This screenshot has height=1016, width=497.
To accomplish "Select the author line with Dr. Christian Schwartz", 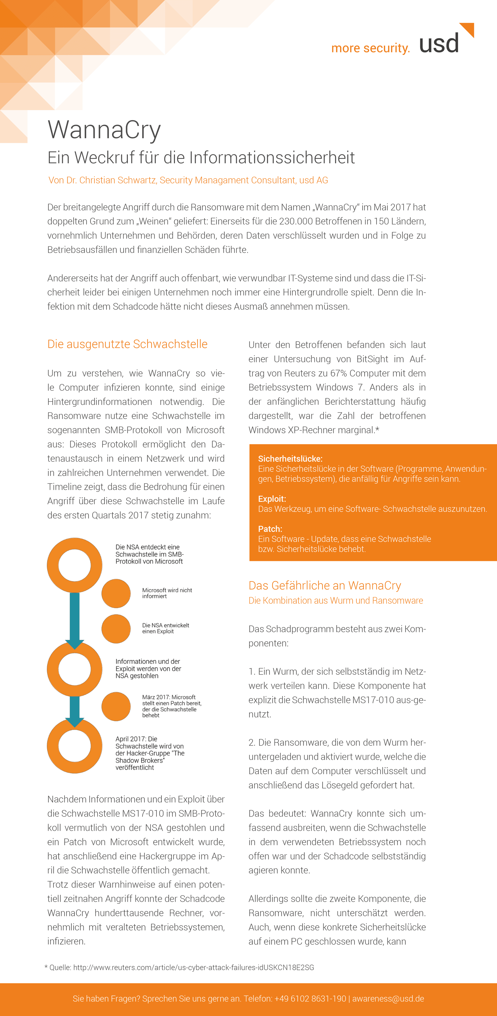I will tap(188, 180).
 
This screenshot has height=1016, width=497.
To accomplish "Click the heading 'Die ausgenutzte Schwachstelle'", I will tap(127, 344).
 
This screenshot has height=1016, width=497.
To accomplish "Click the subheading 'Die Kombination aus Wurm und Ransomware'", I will tap(335, 600).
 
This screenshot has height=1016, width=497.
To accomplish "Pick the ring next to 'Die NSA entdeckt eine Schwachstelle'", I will tap(75, 565).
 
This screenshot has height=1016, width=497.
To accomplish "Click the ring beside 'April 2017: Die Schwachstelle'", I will tap(75, 746).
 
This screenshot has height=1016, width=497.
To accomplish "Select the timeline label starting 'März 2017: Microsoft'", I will tap(171, 706).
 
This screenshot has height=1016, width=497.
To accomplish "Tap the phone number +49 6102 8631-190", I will tap(310, 998).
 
